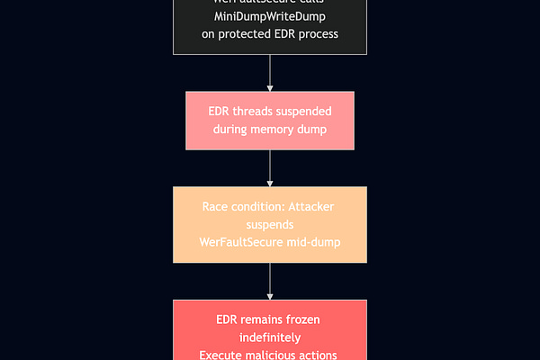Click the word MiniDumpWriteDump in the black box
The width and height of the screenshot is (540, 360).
pyautogui.click(x=270, y=17)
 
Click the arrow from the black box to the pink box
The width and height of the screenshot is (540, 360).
pyautogui.click(x=270, y=73)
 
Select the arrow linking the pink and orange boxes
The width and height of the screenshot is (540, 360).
pyautogui.click(x=270, y=168)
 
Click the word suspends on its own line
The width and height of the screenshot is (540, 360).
pyautogui.click(x=270, y=224)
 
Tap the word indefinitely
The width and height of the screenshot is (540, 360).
pyautogui.click(x=270, y=337)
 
